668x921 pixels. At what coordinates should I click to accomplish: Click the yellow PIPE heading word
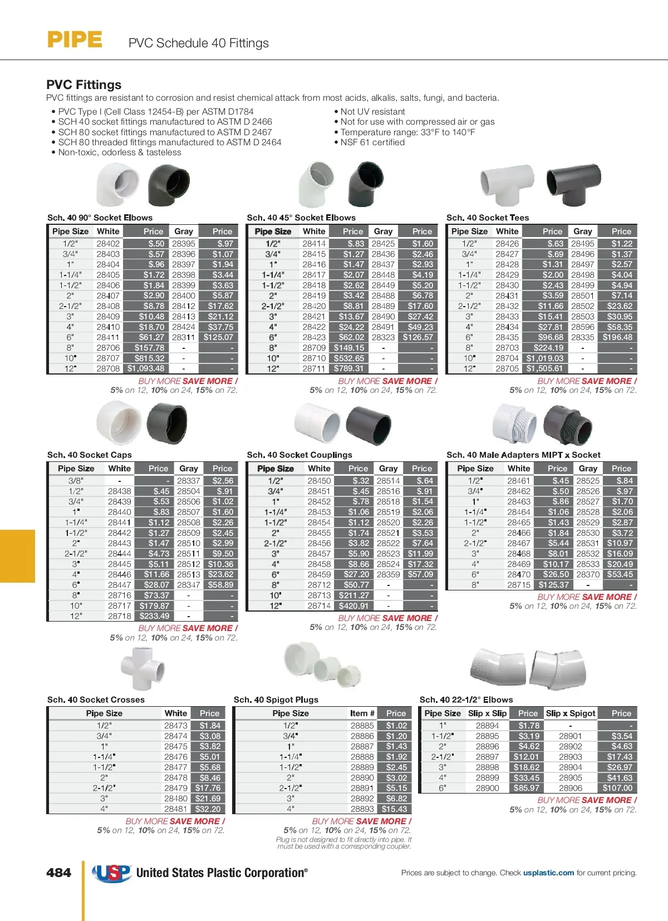[x=75, y=40]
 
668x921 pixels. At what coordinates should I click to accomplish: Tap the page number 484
[x=58, y=873]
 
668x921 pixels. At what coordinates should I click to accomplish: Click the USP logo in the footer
[x=111, y=873]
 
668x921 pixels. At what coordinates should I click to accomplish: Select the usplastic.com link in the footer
[x=548, y=873]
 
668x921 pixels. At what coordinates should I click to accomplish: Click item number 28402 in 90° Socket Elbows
[x=108, y=243]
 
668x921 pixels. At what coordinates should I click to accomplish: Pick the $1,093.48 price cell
[x=146, y=368]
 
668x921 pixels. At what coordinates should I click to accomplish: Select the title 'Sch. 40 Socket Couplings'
[x=299, y=455]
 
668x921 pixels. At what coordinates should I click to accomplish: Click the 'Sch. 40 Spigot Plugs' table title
[x=276, y=700]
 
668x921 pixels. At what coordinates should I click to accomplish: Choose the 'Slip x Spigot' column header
[x=571, y=713]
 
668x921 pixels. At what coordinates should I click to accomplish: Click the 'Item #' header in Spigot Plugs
[x=362, y=713]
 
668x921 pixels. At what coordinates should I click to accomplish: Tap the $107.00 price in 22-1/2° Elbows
[x=617, y=788]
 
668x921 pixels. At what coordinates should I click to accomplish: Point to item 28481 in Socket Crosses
[x=175, y=809]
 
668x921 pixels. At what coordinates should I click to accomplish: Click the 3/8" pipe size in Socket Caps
[x=76, y=481]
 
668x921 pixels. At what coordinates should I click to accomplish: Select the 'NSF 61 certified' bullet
[x=372, y=142]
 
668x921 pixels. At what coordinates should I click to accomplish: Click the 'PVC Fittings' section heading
[x=84, y=85]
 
